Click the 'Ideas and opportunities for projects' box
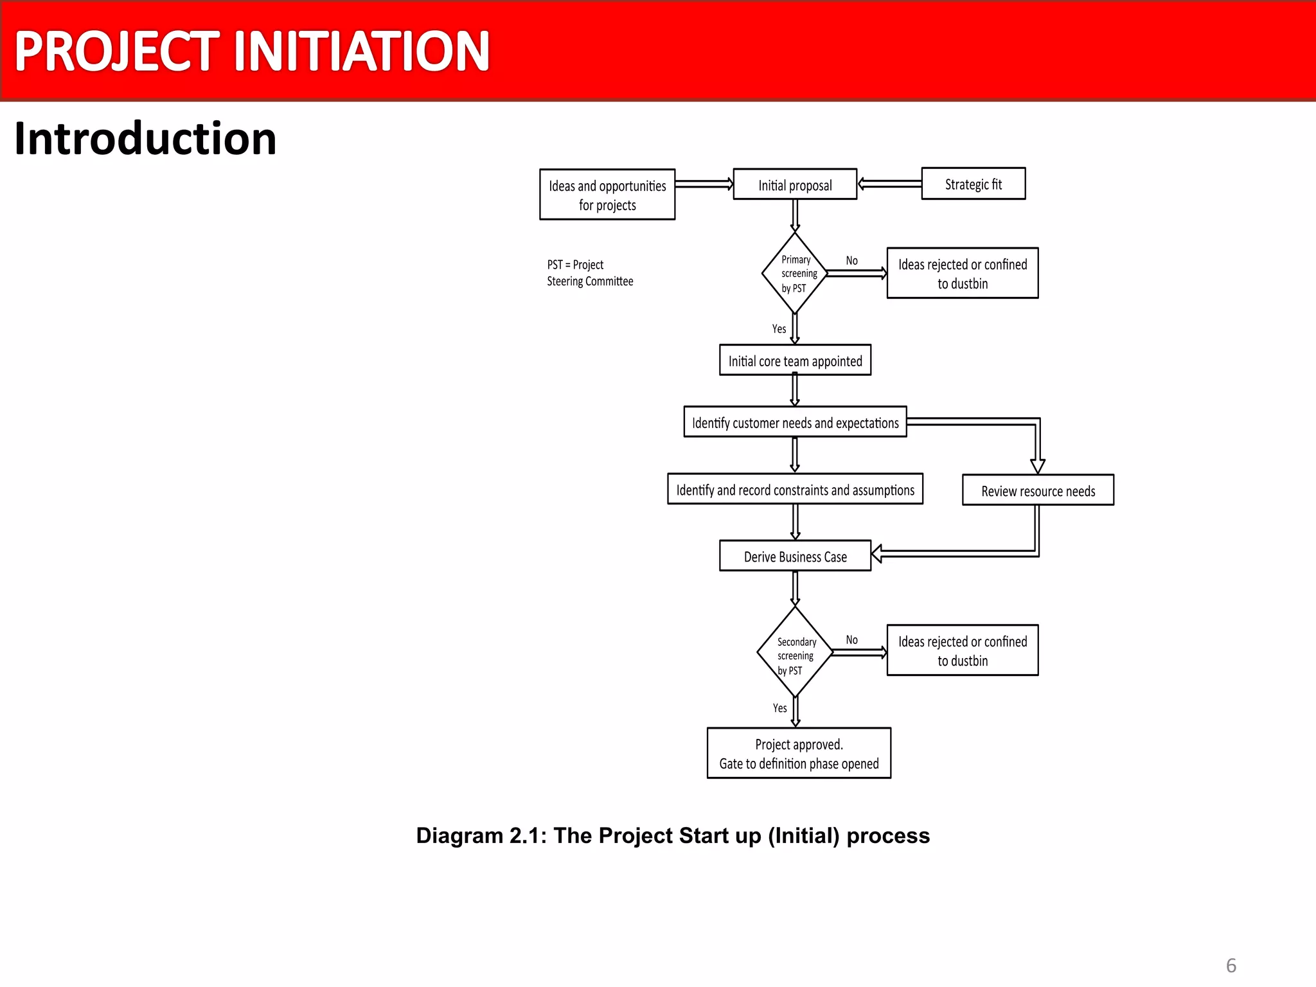pos(607,195)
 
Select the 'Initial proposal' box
pos(795,185)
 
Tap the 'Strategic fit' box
pos(973,184)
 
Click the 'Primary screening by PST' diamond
pos(795,274)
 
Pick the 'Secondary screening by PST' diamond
pos(795,653)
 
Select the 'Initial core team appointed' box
pos(795,360)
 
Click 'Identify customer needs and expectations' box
pos(795,422)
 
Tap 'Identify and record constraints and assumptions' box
pos(795,490)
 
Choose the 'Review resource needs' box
pos(1038,491)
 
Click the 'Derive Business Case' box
pos(795,556)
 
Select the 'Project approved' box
pos(799,754)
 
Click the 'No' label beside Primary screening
pos(851,260)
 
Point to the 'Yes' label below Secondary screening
pos(779,707)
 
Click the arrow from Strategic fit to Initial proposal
pos(889,184)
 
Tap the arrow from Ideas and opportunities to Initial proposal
pos(704,184)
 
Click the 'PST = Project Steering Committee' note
pos(589,273)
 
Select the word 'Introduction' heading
pos(145,139)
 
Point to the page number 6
pos(1231,965)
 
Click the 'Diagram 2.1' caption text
pos(673,835)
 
